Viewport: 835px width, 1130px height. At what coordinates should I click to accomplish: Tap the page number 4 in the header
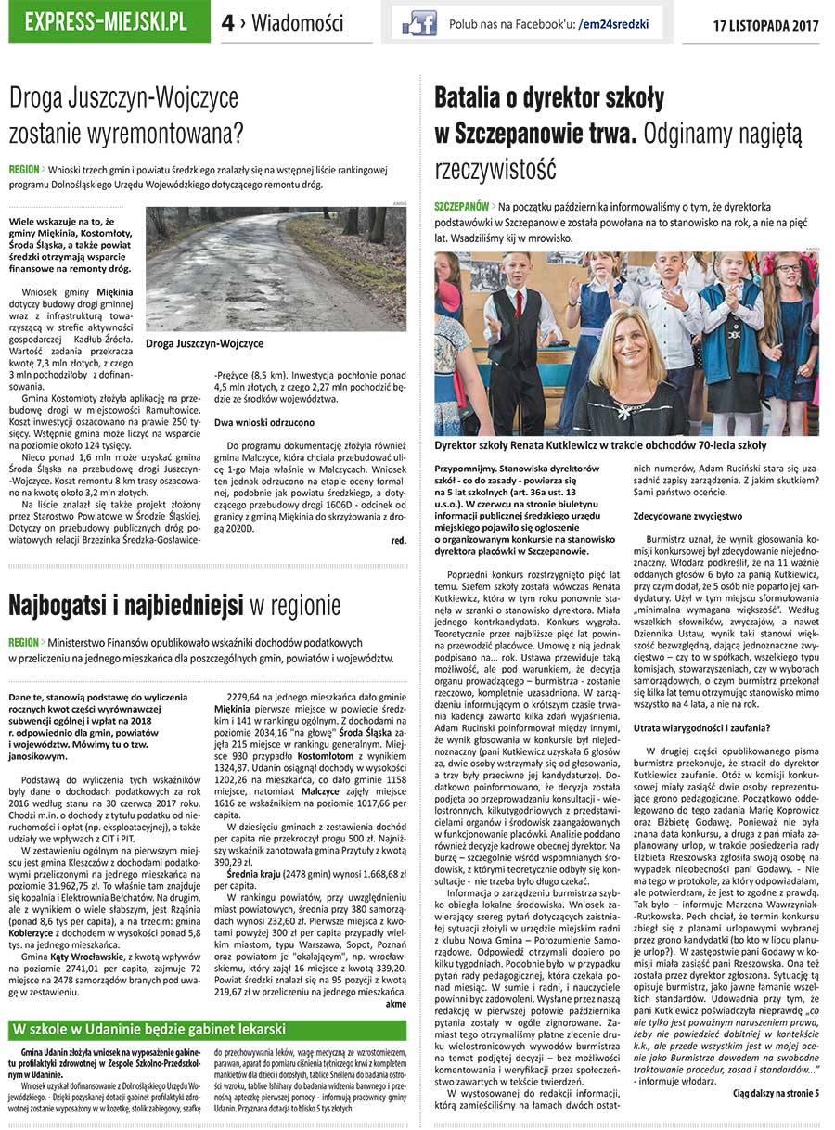pyautogui.click(x=228, y=22)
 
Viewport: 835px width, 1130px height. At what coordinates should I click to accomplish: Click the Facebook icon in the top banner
pyautogui.click(x=419, y=22)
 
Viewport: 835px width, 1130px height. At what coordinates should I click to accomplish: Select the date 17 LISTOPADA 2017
pyautogui.click(x=766, y=23)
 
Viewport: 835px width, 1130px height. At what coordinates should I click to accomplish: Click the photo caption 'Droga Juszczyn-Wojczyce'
pyautogui.click(x=204, y=343)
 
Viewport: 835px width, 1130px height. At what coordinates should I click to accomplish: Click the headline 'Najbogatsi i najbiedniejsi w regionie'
pyautogui.click(x=174, y=605)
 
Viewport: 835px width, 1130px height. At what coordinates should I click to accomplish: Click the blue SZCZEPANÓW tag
pyautogui.click(x=461, y=204)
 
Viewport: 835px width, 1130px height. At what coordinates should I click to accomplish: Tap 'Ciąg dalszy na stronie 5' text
pyautogui.click(x=776, y=1093)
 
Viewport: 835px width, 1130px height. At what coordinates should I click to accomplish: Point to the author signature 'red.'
pyautogui.click(x=398, y=539)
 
